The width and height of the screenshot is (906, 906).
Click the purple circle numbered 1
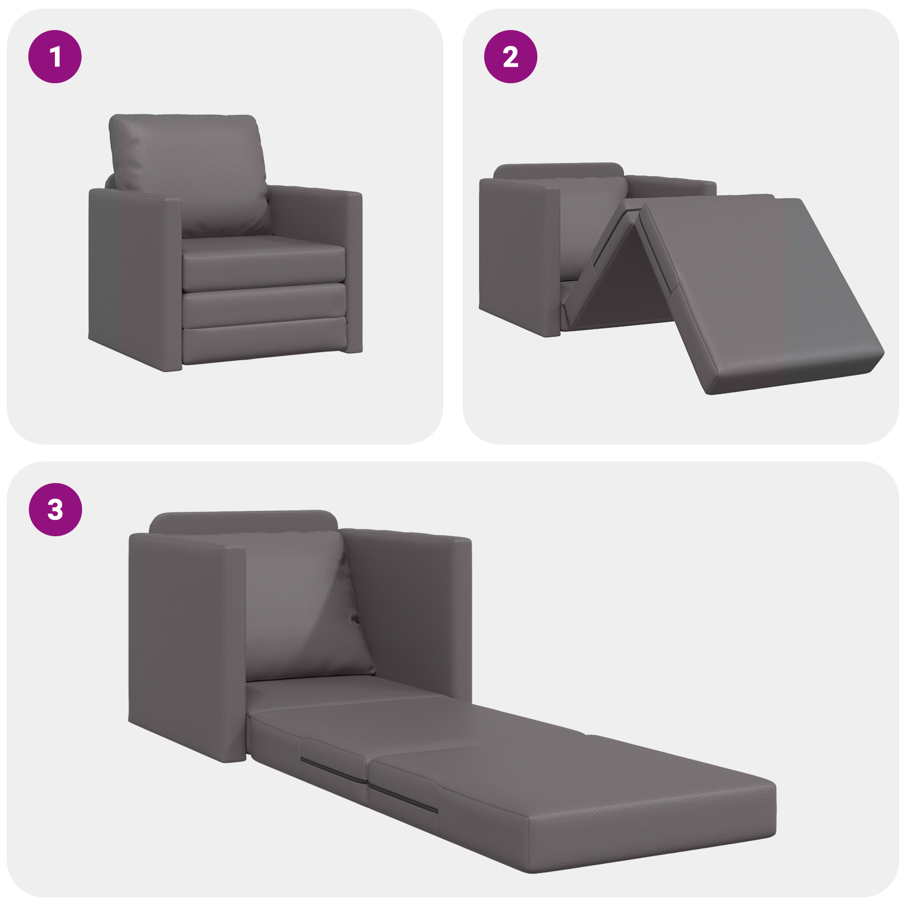point(55,57)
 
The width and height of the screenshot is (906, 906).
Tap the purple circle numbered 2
point(510,57)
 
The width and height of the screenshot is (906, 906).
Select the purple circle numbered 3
point(55,509)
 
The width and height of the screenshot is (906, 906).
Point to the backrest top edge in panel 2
point(558,169)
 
